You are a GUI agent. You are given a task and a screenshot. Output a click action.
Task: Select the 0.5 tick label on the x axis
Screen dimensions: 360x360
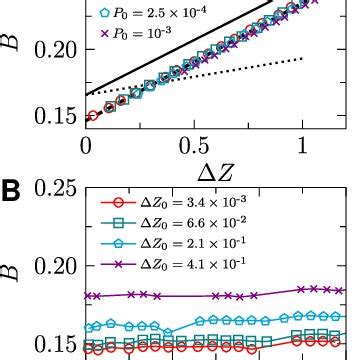coord(194,146)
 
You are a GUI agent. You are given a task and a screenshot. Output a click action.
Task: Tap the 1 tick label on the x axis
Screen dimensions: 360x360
coord(302,146)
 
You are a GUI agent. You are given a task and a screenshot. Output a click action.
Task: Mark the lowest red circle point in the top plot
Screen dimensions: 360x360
coord(92,117)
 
